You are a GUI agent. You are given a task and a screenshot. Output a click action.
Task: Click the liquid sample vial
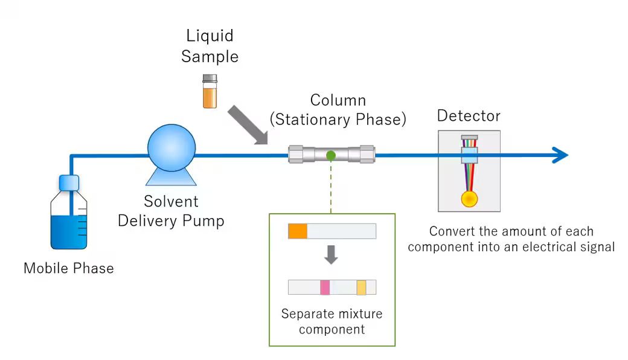click(x=210, y=92)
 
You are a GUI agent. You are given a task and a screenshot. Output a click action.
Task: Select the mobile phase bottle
click(x=69, y=220)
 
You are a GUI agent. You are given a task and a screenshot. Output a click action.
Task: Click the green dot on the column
click(x=331, y=155)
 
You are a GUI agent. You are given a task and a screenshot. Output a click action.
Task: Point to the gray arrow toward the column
click(x=248, y=125)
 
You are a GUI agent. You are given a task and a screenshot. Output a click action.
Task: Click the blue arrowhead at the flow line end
click(x=560, y=155)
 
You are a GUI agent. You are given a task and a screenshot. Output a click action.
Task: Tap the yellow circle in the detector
click(x=469, y=199)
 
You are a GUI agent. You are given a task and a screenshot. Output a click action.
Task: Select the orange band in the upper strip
click(x=298, y=231)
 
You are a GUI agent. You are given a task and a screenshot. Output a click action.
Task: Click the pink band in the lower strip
click(x=325, y=287)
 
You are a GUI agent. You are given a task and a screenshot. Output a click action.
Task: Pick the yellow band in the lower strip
click(x=361, y=287)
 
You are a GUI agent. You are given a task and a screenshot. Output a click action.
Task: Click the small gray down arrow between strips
click(x=331, y=255)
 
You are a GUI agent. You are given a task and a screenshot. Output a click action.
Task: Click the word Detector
click(x=469, y=115)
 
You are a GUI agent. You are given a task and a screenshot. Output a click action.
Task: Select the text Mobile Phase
click(x=68, y=268)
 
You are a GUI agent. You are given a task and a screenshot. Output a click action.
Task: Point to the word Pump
click(x=205, y=221)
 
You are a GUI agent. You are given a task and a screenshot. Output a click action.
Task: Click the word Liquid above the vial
click(x=210, y=37)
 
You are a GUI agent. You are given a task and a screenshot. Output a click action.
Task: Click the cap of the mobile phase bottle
click(x=69, y=181)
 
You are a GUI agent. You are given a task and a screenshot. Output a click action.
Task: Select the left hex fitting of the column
click(x=296, y=155)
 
